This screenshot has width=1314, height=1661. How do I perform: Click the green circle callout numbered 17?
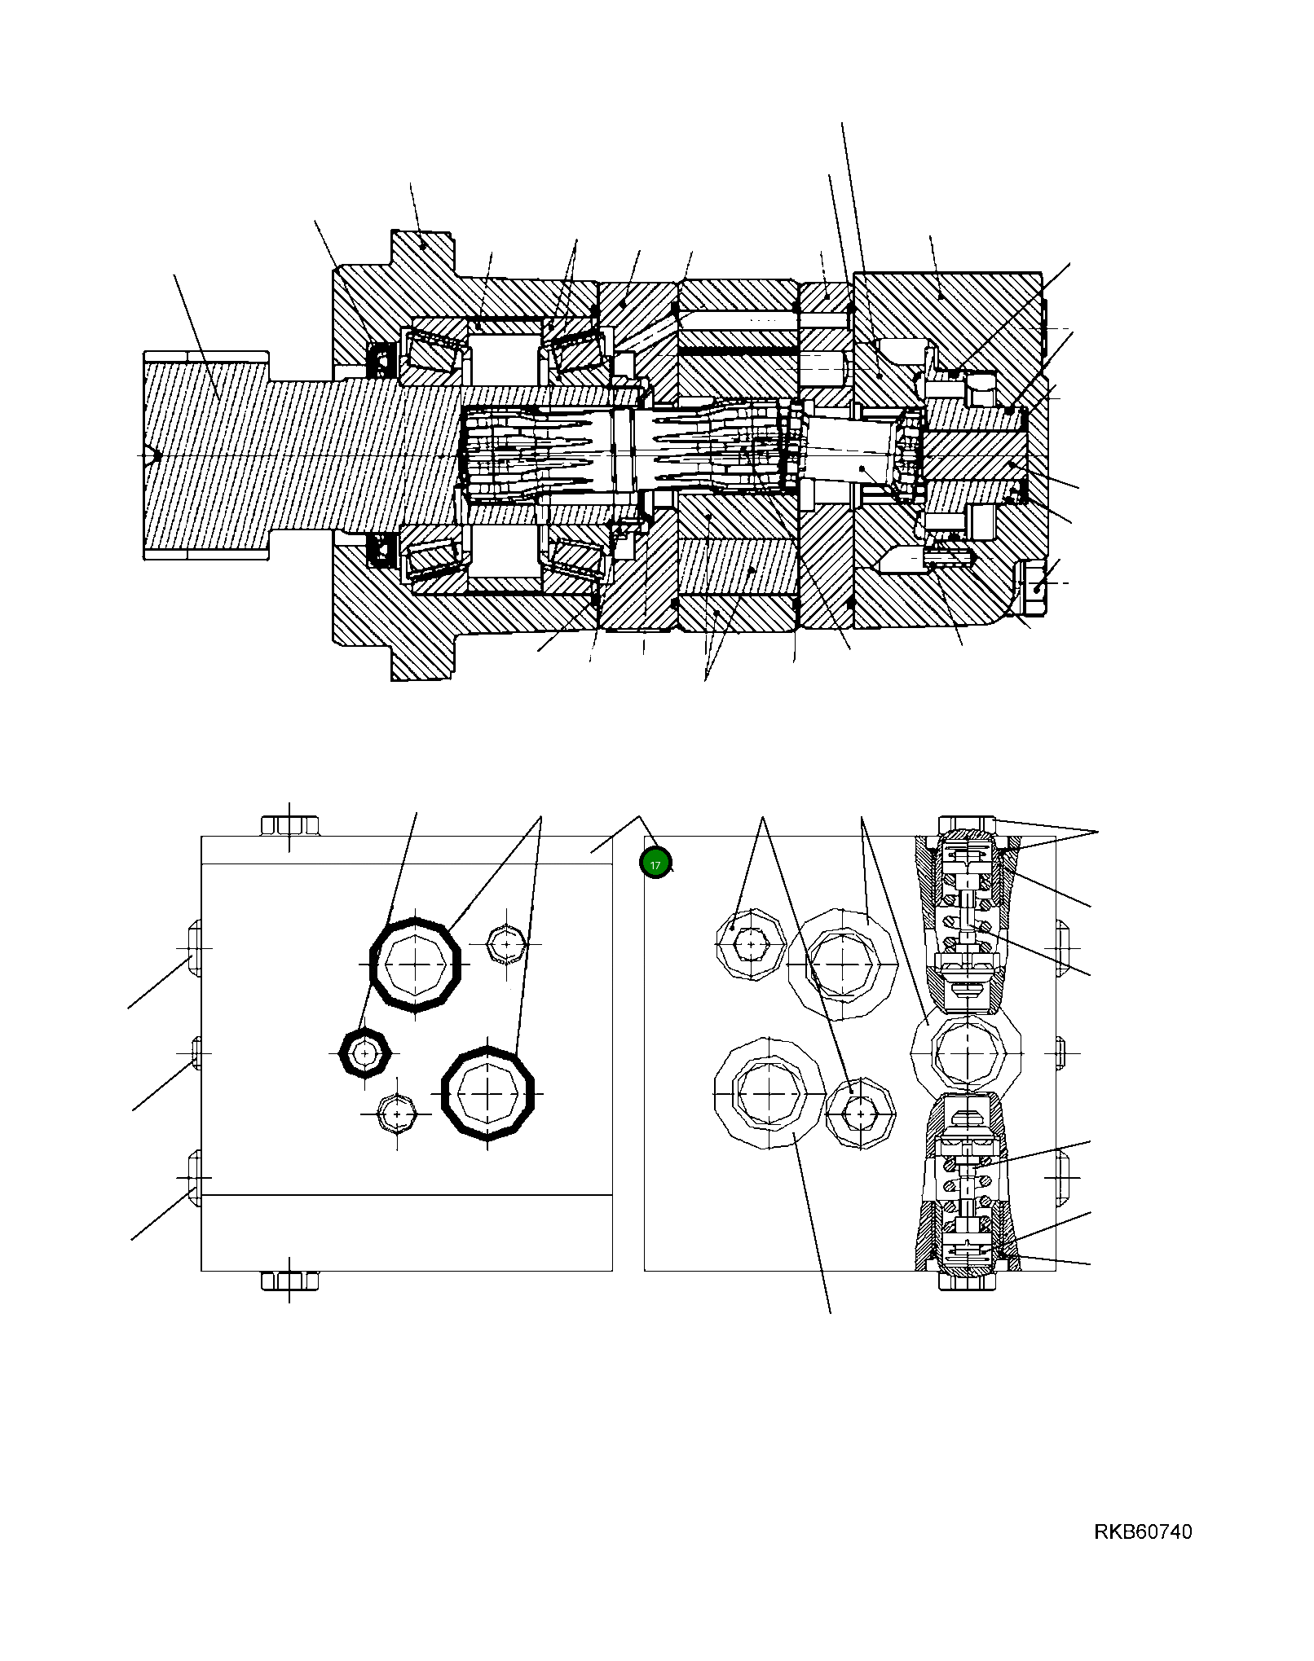[x=655, y=863]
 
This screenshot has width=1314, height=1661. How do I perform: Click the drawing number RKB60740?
[x=1142, y=1532]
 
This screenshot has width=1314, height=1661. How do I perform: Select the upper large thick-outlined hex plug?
[x=416, y=965]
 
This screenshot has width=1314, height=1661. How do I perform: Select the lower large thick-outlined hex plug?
[x=487, y=1092]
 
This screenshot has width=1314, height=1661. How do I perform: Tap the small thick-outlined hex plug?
[x=365, y=1052]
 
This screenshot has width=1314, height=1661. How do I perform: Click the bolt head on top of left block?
[x=289, y=825]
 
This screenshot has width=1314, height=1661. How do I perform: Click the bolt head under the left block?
[x=289, y=1281]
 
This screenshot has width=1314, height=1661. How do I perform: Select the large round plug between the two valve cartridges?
[x=965, y=1052]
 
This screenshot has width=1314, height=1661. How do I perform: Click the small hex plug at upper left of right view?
[x=750, y=945]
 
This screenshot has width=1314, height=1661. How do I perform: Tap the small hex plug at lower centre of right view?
[x=860, y=1112]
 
